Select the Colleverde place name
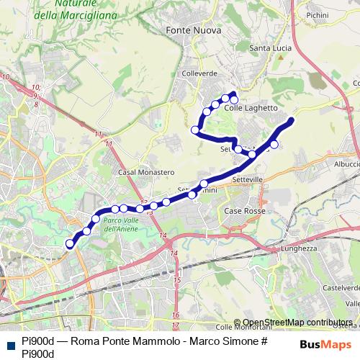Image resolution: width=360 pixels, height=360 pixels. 199,73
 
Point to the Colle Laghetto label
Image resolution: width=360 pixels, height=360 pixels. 251,108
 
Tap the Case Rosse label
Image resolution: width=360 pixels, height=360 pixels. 245,211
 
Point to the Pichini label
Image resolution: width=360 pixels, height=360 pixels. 337,14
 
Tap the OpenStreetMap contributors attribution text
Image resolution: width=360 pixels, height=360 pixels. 297,323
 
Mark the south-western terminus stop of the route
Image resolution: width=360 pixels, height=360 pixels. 71,244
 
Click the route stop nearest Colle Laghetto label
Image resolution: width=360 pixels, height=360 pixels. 233,97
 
